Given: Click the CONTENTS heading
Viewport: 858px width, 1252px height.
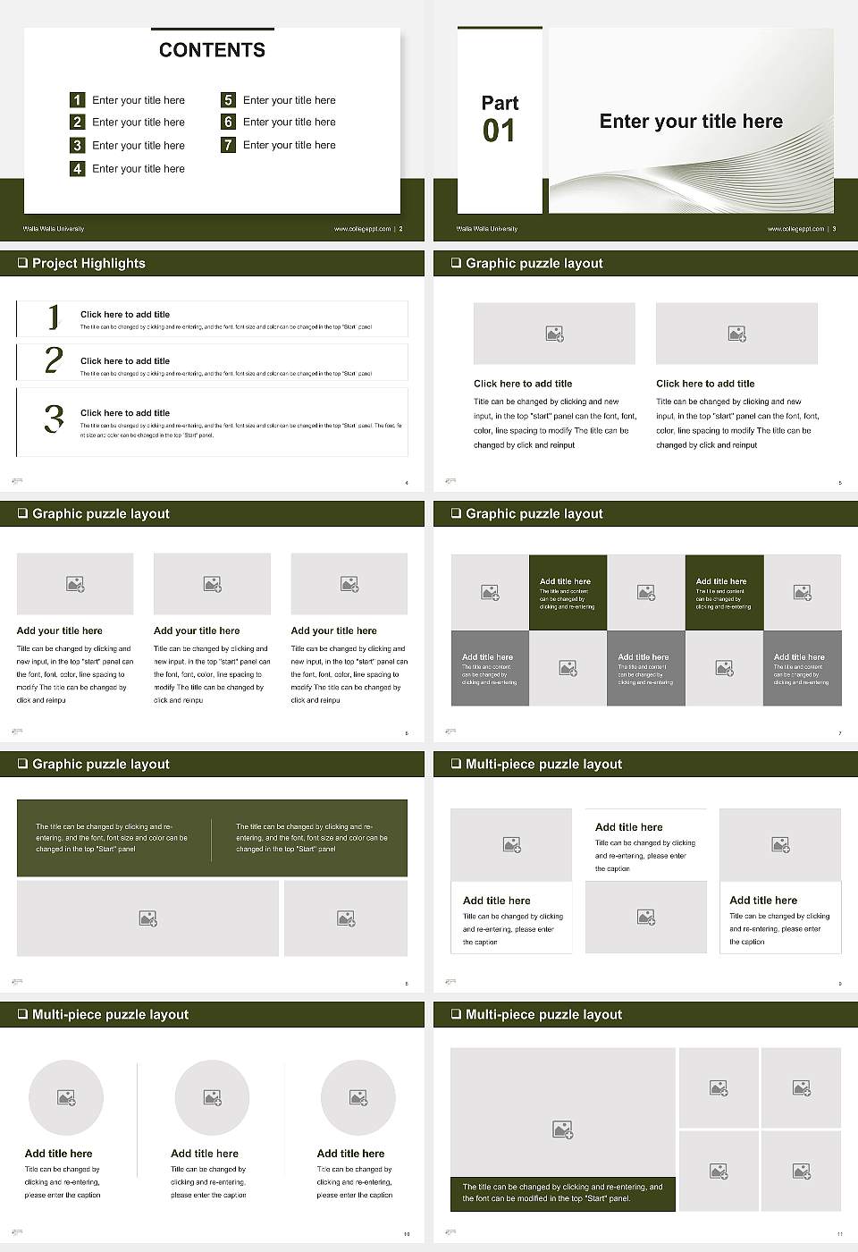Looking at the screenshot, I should point(212,50).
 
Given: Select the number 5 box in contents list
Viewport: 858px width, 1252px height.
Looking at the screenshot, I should point(228,100).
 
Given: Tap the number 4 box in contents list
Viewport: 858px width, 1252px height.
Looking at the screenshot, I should point(78,168).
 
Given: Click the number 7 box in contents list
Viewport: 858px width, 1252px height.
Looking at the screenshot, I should point(228,145).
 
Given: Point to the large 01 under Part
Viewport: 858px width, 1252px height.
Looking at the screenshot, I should point(499,131).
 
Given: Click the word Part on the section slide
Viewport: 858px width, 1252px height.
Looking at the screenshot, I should point(500,103).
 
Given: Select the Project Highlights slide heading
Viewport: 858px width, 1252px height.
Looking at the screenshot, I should point(88,263).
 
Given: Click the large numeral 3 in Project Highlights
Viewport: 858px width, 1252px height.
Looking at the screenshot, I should point(54,419).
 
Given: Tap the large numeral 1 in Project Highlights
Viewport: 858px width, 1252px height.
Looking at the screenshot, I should point(54,317).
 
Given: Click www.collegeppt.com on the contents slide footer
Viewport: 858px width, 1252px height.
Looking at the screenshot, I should point(362,229).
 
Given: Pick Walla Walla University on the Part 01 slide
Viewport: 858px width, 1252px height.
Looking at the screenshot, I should point(487,229).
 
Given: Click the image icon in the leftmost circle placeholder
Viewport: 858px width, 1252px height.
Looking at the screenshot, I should point(66,1097).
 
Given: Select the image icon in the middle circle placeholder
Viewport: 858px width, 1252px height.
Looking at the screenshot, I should point(212,1097).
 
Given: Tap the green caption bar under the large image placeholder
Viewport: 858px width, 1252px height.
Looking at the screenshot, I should point(562,1193).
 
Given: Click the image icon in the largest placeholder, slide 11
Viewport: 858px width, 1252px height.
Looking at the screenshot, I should point(562,1130).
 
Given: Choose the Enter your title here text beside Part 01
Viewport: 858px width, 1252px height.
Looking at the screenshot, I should point(691,122).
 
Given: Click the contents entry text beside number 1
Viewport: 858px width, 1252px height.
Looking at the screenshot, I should point(139,100).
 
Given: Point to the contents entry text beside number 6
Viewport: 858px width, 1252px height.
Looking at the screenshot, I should point(289,122).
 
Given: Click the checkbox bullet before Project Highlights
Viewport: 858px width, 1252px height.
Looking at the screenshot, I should point(22,263).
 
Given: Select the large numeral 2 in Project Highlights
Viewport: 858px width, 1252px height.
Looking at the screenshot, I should point(54,360).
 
